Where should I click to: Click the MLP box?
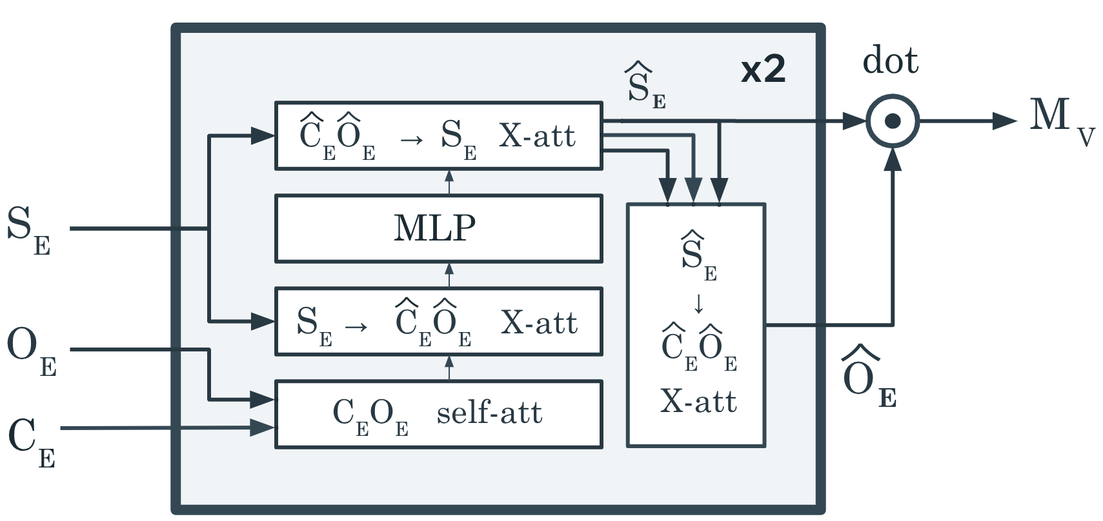click(438, 229)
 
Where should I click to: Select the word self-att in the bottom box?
click(489, 413)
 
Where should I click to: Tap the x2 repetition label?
click(763, 69)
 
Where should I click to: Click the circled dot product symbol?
click(892, 121)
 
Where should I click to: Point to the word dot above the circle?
click(890, 61)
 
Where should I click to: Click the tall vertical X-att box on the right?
click(696, 326)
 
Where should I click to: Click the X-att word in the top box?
click(537, 136)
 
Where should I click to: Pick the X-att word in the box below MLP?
click(539, 322)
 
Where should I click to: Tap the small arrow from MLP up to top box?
click(449, 182)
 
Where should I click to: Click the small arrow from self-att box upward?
click(449, 368)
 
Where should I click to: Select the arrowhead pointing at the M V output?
click(1004, 121)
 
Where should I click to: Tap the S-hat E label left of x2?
click(643, 87)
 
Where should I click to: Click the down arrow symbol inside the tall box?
click(698, 304)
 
